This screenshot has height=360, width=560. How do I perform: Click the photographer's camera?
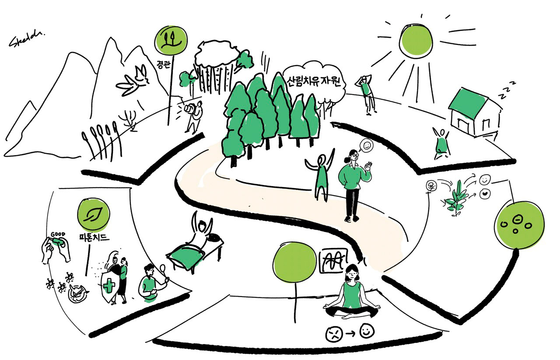[189, 108]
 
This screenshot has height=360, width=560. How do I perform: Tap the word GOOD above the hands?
[58, 234]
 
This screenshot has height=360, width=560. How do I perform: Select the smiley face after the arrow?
[366, 331]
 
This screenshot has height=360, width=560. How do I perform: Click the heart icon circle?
[485, 193]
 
